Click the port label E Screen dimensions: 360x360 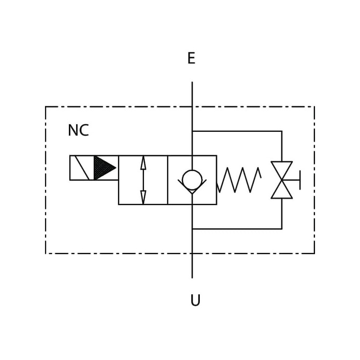(191, 58)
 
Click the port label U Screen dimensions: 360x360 (195, 300)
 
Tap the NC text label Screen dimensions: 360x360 (78, 130)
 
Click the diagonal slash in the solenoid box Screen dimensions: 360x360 (82, 168)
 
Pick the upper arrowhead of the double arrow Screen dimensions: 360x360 (143, 162)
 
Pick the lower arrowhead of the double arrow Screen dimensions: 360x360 (143, 197)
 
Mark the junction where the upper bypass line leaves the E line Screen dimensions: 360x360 (192, 131)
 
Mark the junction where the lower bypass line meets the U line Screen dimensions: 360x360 (192, 229)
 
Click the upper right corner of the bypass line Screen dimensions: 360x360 (282, 131)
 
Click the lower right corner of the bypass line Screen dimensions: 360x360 (282, 229)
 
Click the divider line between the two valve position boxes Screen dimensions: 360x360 (168, 180)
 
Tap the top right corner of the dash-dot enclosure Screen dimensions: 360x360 (314, 107)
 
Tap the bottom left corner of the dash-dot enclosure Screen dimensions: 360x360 (46, 253)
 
